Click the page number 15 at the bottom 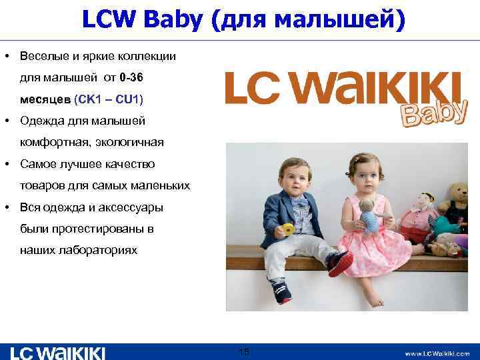(244, 351)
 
